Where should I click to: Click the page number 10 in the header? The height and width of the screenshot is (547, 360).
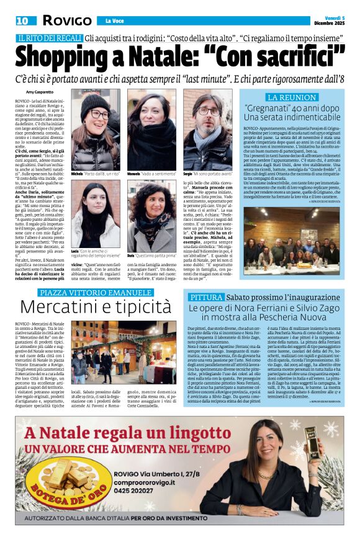click(22, 20)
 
